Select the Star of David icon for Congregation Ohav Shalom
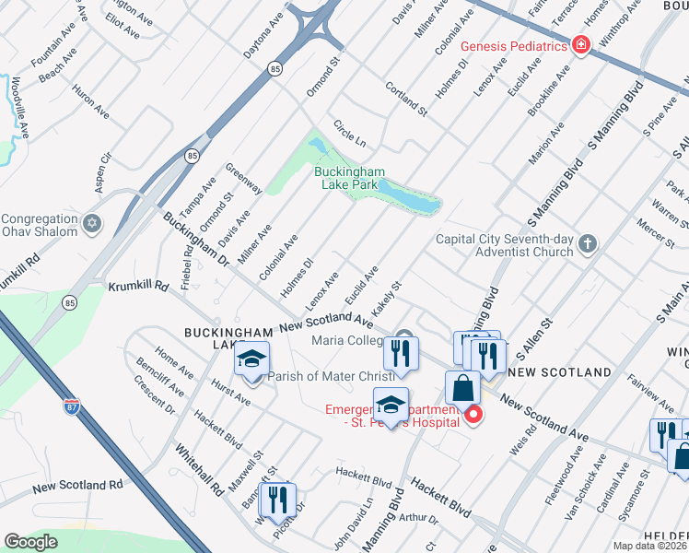click(x=91, y=224)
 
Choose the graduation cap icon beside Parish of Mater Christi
click(x=251, y=360)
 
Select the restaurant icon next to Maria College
click(x=401, y=352)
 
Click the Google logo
click(x=30, y=542)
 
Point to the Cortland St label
click(x=406, y=98)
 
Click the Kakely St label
click(x=389, y=296)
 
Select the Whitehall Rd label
click(x=200, y=469)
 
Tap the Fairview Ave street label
click(x=656, y=393)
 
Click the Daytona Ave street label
click(x=263, y=35)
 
